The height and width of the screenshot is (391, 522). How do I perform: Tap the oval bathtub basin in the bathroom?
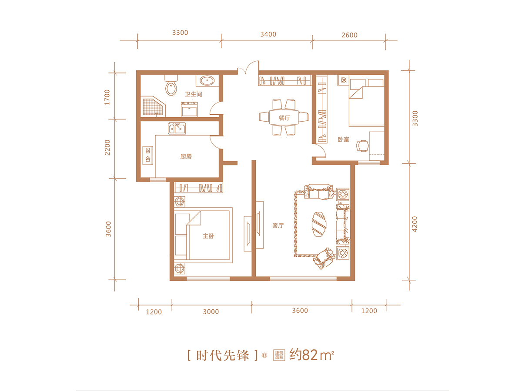[x=207, y=81]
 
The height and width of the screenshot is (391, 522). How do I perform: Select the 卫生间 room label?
[x=193, y=94]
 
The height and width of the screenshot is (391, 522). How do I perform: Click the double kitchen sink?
[x=177, y=129]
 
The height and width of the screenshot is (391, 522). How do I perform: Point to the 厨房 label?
[x=186, y=156]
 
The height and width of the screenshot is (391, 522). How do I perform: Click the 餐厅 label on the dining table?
[x=284, y=118]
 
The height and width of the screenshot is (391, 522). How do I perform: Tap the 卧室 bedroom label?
[x=343, y=139]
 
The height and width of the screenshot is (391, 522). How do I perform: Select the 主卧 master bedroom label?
[x=208, y=236]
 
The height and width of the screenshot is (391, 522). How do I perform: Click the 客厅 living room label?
[x=278, y=225]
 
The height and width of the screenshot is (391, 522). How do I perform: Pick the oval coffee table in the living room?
[x=319, y=224]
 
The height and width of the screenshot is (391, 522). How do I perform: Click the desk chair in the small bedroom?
[x=362, y=146]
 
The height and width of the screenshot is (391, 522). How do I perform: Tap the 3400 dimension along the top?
[x=268, y=34]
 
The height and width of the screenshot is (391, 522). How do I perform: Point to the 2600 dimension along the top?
[x=349, y=35]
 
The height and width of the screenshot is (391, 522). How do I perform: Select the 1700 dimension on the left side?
[x=107, y=97]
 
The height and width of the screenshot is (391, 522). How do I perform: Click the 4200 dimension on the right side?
[x=415, y=224]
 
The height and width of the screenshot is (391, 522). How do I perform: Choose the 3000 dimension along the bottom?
[x=211, y=311]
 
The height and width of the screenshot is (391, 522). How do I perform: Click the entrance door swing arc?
[x=250, y=65]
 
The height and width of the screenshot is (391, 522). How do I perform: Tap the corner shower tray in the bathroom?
[x=153, y=106]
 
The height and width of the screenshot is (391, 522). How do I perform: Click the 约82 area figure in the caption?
[x=304, y=355]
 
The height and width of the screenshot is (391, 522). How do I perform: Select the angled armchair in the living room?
[x=324, y=258]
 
